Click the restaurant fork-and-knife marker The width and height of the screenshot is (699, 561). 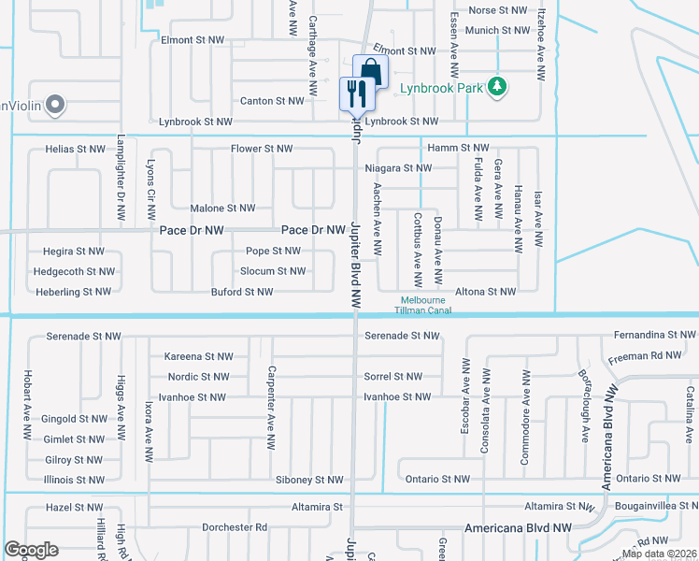[356, 93]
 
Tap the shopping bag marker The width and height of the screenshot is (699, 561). [371, 71]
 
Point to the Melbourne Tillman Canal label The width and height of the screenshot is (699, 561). [421, 305]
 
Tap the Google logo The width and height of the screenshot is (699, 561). [31, 550]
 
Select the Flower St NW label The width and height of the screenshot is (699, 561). [263, 149]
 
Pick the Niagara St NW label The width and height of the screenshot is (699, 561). [398, 168]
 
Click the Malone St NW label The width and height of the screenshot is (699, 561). [222, 209]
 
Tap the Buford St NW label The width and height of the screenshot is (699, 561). [242, 293]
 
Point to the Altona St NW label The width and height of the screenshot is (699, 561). [485, 292]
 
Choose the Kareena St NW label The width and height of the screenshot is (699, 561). [198, 357]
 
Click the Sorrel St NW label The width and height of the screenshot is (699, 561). [393, 377]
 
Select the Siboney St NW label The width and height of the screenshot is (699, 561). [309, 480]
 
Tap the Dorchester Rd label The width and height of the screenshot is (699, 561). [235, 527]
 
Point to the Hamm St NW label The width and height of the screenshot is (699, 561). [458, 149]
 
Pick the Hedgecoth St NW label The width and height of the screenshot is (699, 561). [74, 272]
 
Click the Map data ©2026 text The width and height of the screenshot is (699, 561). [659, 554]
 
